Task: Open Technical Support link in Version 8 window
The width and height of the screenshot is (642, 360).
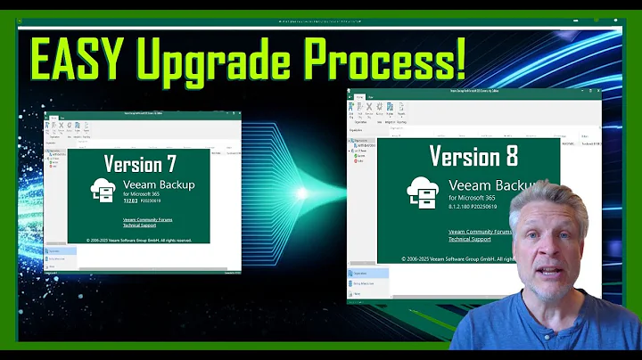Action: (471, 239)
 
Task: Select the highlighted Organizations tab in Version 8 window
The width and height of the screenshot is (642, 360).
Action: (368, 274)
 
